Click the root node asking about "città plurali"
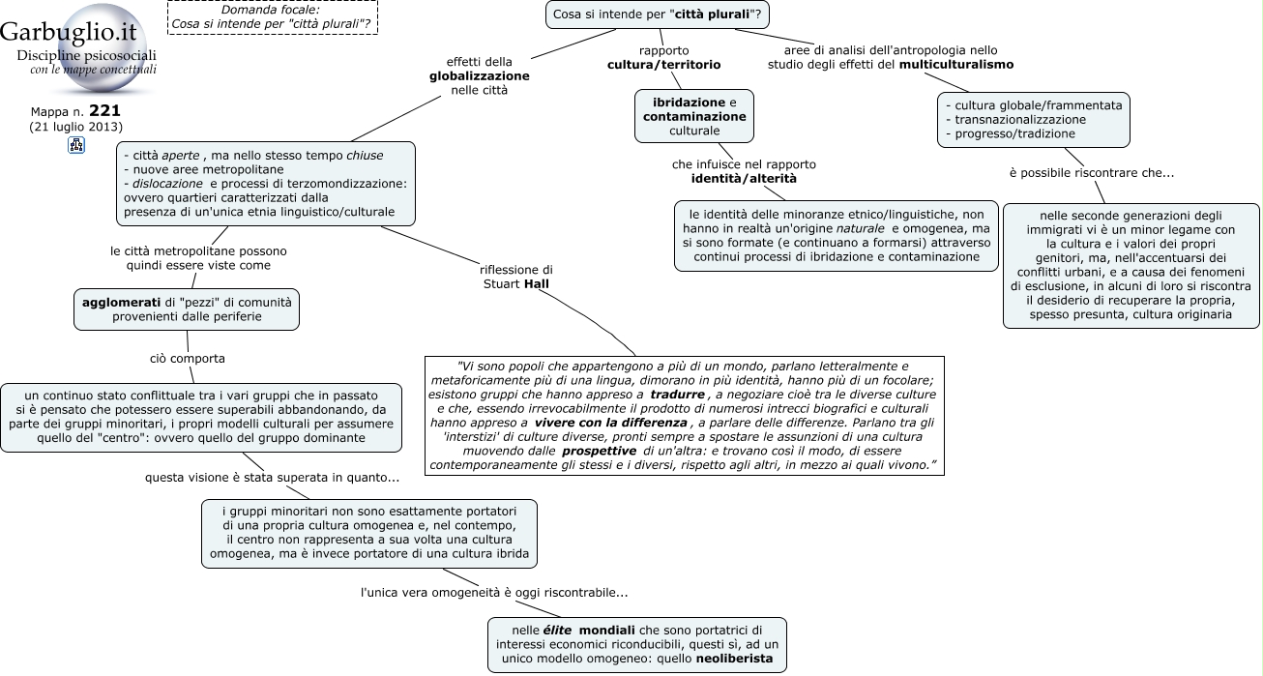coord(657,15)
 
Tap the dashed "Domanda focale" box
coord(273,17)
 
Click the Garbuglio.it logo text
coord(69,32)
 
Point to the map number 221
coord(104,110)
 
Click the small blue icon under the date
coord(76,145)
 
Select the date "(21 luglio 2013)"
coord(76,127)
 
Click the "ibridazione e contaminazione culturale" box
coord(694,116)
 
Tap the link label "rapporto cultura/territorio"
coord(663,57)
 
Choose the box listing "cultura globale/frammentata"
coord(1034,120)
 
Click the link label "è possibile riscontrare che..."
coord(1092,173)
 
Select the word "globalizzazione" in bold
coord(480,76)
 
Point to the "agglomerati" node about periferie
coord(187,309)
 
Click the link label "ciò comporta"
coord(188,359)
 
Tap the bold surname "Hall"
coord(536,283)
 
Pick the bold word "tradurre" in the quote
coord(677,395)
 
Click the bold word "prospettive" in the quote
coord(599,451)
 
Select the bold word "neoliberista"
coord(734,659)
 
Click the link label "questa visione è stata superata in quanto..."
coord(272,478)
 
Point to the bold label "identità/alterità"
coord(744,179)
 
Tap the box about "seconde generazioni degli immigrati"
coord(1131,266)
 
